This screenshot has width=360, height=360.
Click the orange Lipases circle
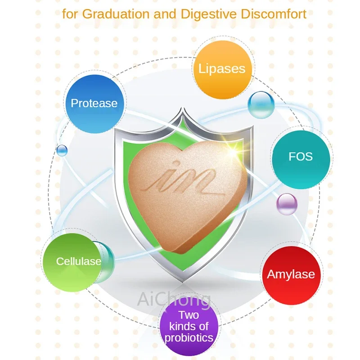[222, 69]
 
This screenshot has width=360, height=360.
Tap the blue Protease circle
[94, 103]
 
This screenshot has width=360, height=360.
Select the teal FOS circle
[301, 157]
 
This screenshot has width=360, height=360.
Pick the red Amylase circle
[291, 274]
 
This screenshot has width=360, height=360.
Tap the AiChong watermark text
[174, 298]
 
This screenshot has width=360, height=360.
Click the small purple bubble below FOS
[287, 204]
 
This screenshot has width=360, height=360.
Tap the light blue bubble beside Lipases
[261, 104]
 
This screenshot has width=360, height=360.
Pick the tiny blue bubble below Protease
[62, 150]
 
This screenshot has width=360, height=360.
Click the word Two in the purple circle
[189, 315]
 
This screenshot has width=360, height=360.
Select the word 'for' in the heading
[69, 13]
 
